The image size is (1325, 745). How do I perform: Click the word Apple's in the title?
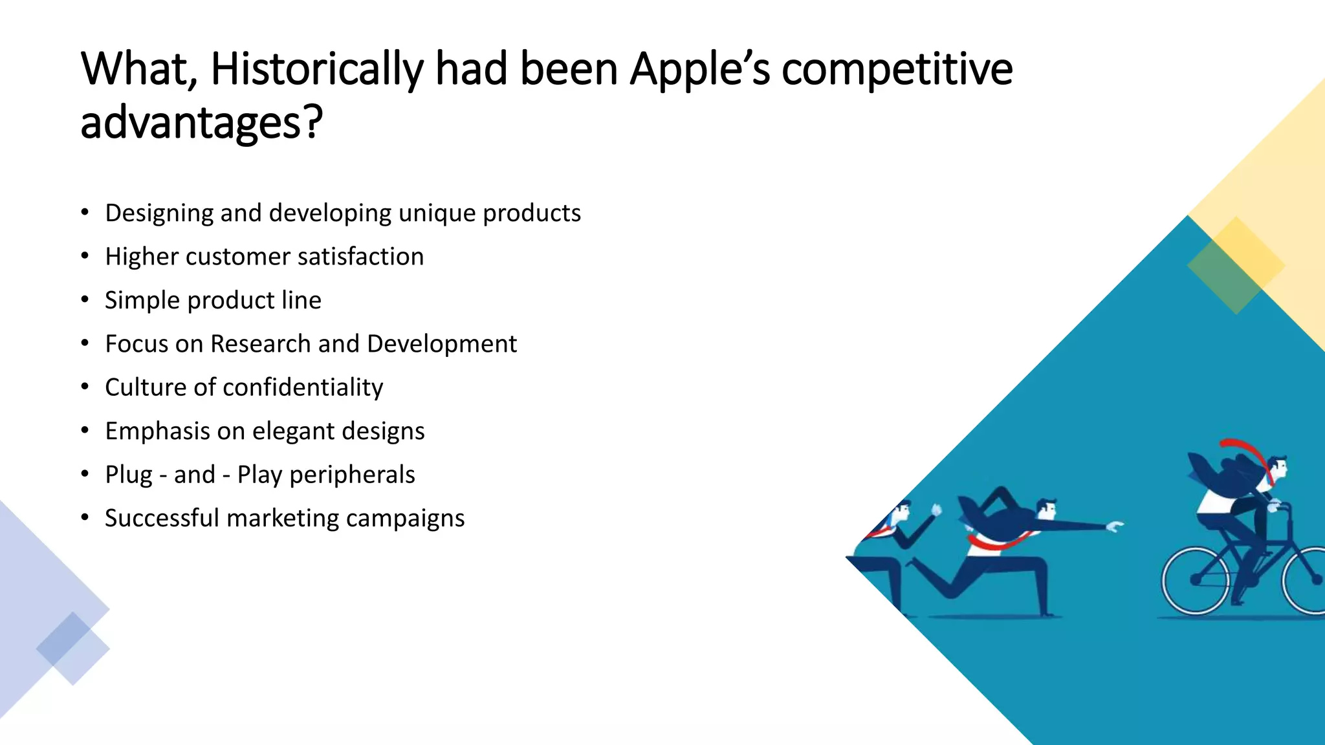tap(700, 69)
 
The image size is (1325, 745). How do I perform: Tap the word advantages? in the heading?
tap(201, 123)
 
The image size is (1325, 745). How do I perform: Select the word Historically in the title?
tap(316, 69)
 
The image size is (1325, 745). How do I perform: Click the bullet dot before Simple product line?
tap(85, 300)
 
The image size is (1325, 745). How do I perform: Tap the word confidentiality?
tap(303, 387)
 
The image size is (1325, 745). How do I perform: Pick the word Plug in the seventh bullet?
tap(128, 475)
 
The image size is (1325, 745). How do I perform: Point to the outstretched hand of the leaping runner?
tap(1114, 526)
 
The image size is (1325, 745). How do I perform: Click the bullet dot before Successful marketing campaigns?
tap(85, 518)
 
